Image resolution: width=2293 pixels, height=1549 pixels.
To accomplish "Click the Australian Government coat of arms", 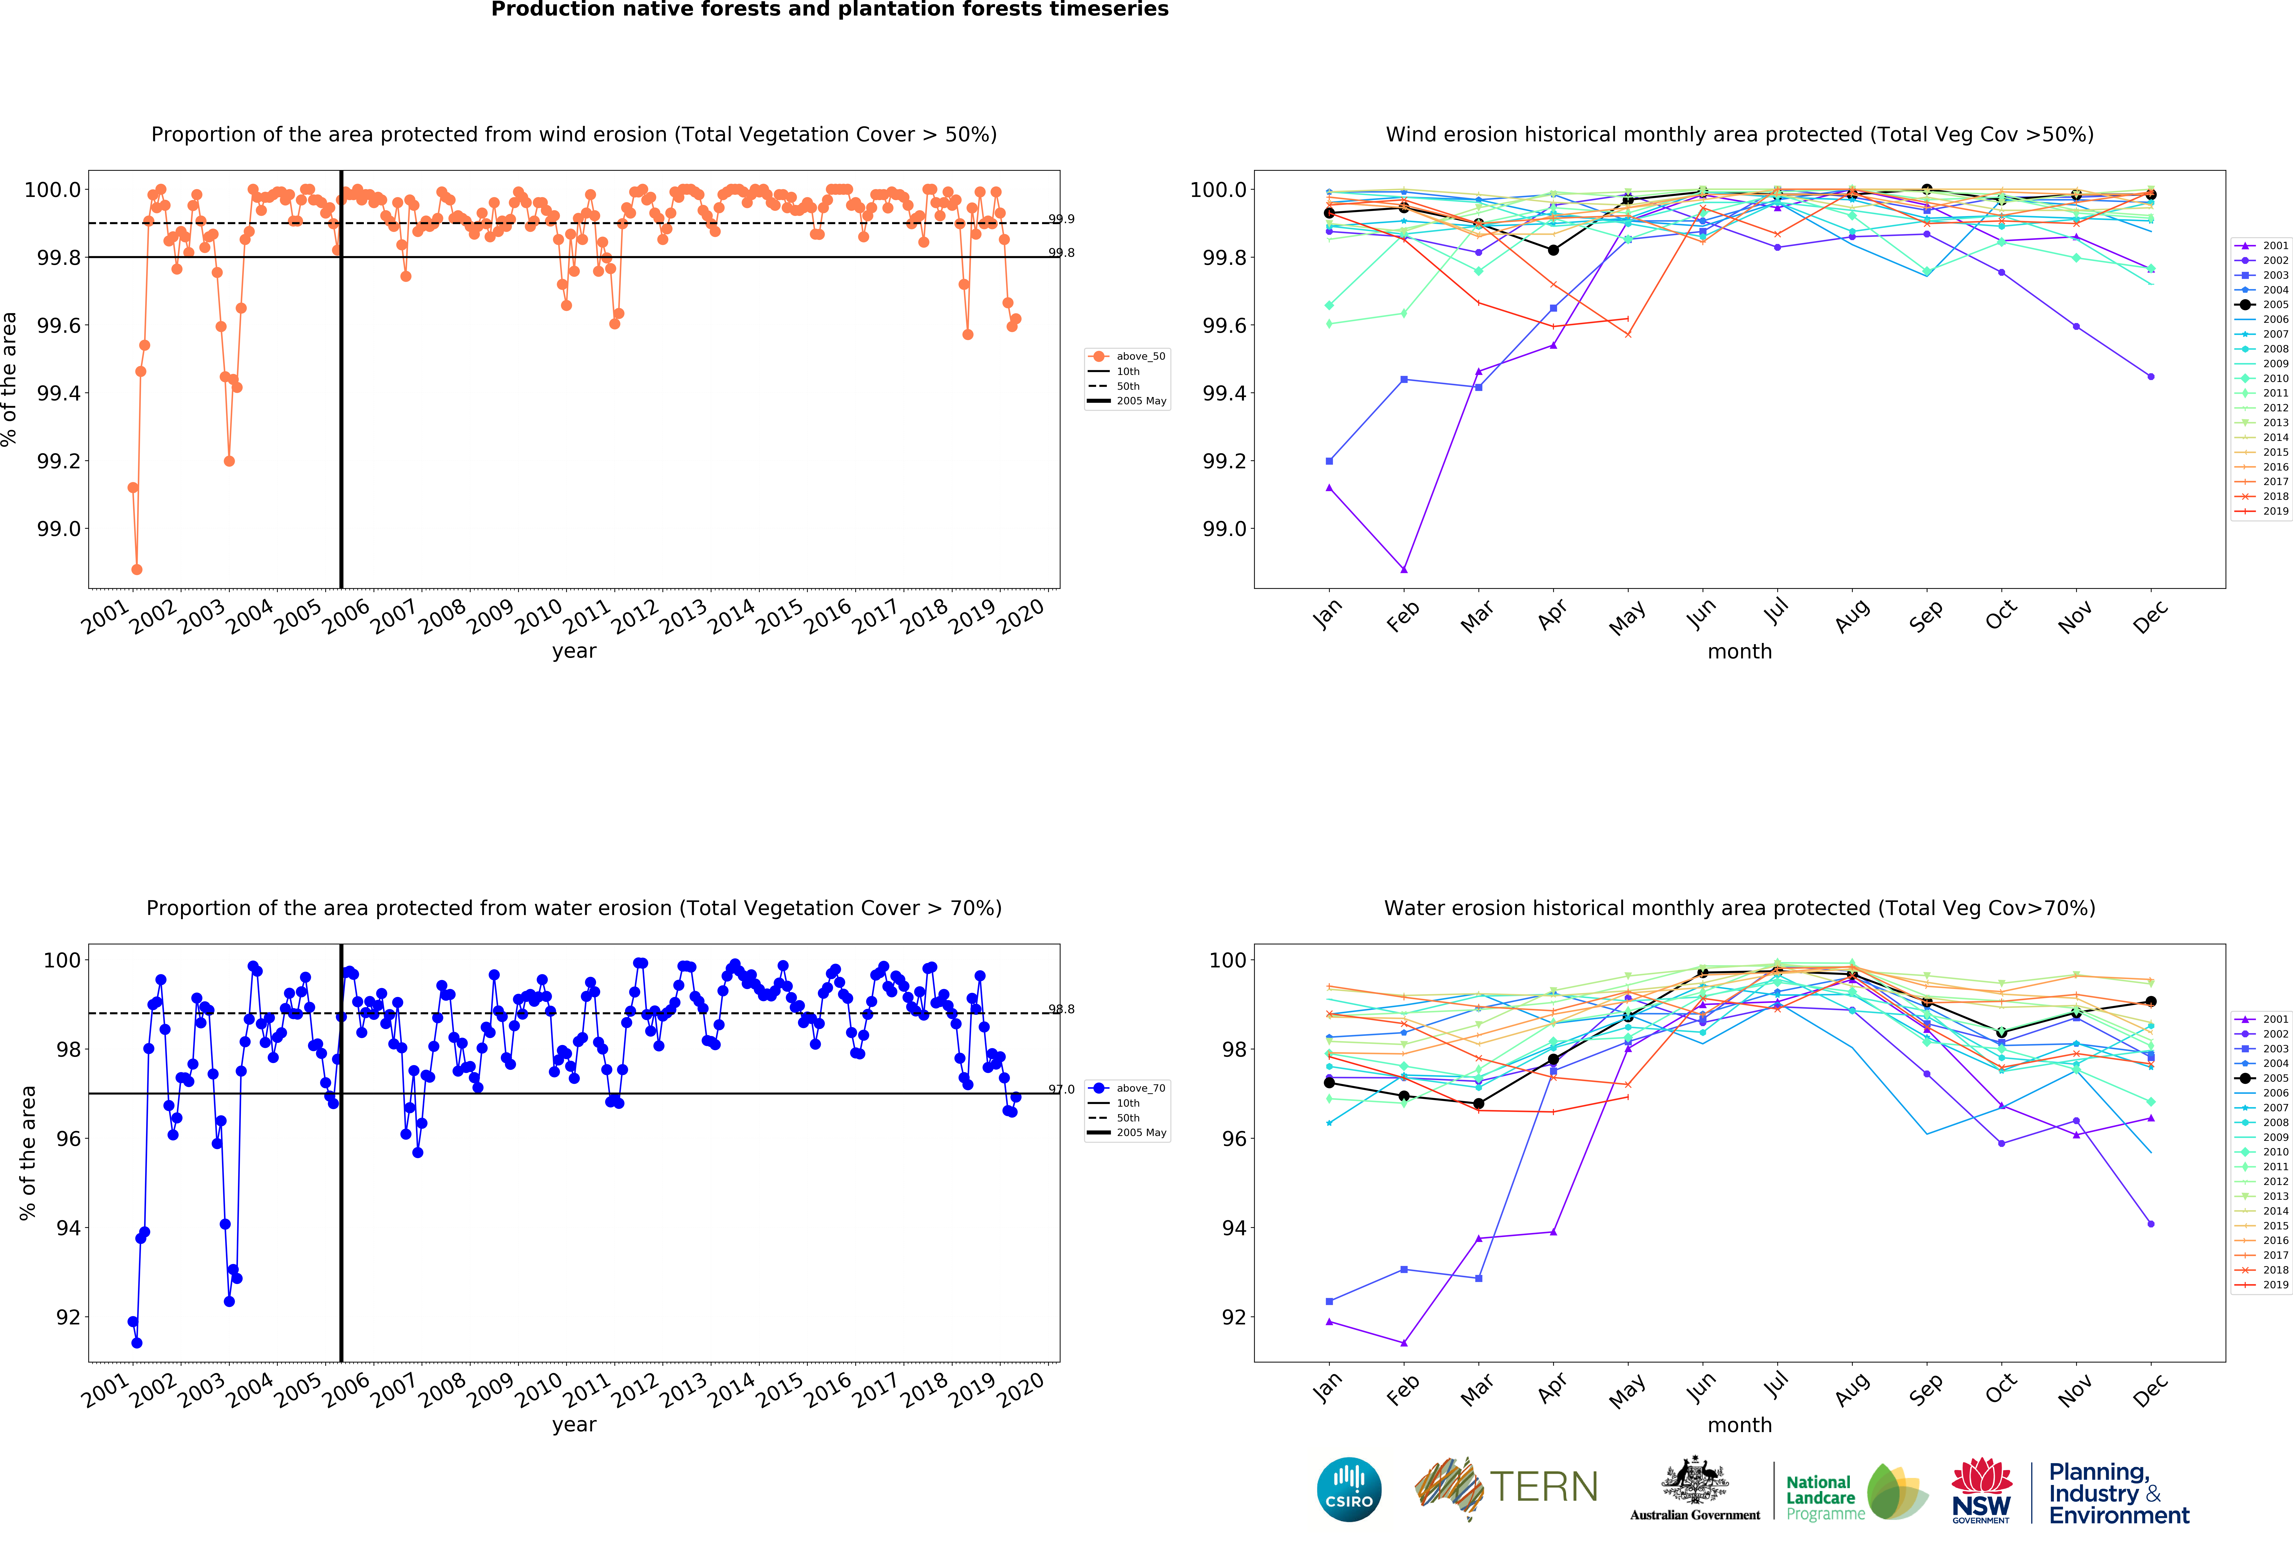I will click(x=1694, y=1480).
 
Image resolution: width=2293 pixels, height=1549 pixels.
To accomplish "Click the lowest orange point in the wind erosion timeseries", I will click(x=137, y=569).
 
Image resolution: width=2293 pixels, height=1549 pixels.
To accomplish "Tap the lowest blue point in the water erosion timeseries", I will click(x=137, y=1343).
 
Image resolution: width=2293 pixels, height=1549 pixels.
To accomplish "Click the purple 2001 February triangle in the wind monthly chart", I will click(x=1404, y=569).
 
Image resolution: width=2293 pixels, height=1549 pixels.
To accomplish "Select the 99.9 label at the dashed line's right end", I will click(x=1062, y=219).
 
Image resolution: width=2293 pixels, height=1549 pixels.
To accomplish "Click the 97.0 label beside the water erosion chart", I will click(x=1062, y=1089).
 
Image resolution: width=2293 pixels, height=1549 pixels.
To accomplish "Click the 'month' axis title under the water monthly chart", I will click(x=1739, y=1425).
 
